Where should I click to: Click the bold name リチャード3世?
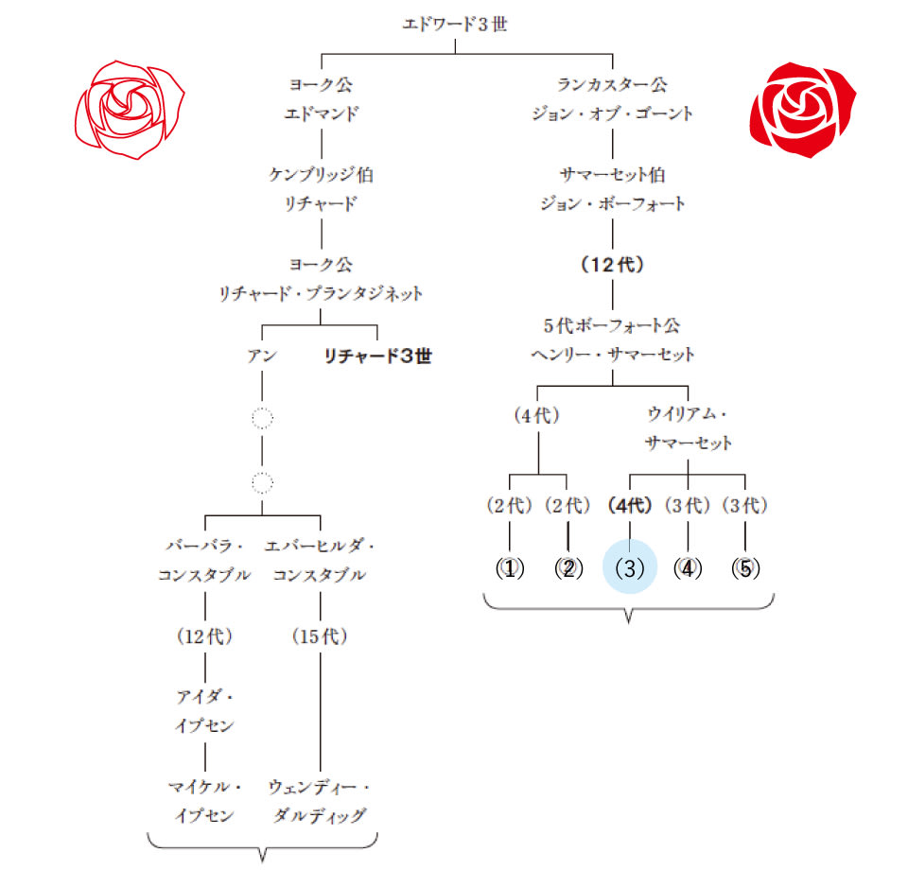coord(377,357)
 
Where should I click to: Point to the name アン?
coord(261,357)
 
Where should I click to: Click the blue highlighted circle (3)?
coord(630,569)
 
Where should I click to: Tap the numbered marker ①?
coord(511,569)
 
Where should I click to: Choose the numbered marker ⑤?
coord(745,569)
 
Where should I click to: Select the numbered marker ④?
coord(688,569)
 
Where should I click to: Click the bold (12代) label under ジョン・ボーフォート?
coord(612,266)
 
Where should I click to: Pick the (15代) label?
coord(320,636)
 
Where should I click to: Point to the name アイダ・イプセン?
coord(205,712)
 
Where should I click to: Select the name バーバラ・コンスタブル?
coord(205,561)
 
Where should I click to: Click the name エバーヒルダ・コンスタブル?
coord(320,561)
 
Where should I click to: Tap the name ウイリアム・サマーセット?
coord(688,428)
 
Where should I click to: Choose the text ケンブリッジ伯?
coord(322,175)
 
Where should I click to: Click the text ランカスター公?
coord(612,85)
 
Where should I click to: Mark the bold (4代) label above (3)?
coord(630,506)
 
